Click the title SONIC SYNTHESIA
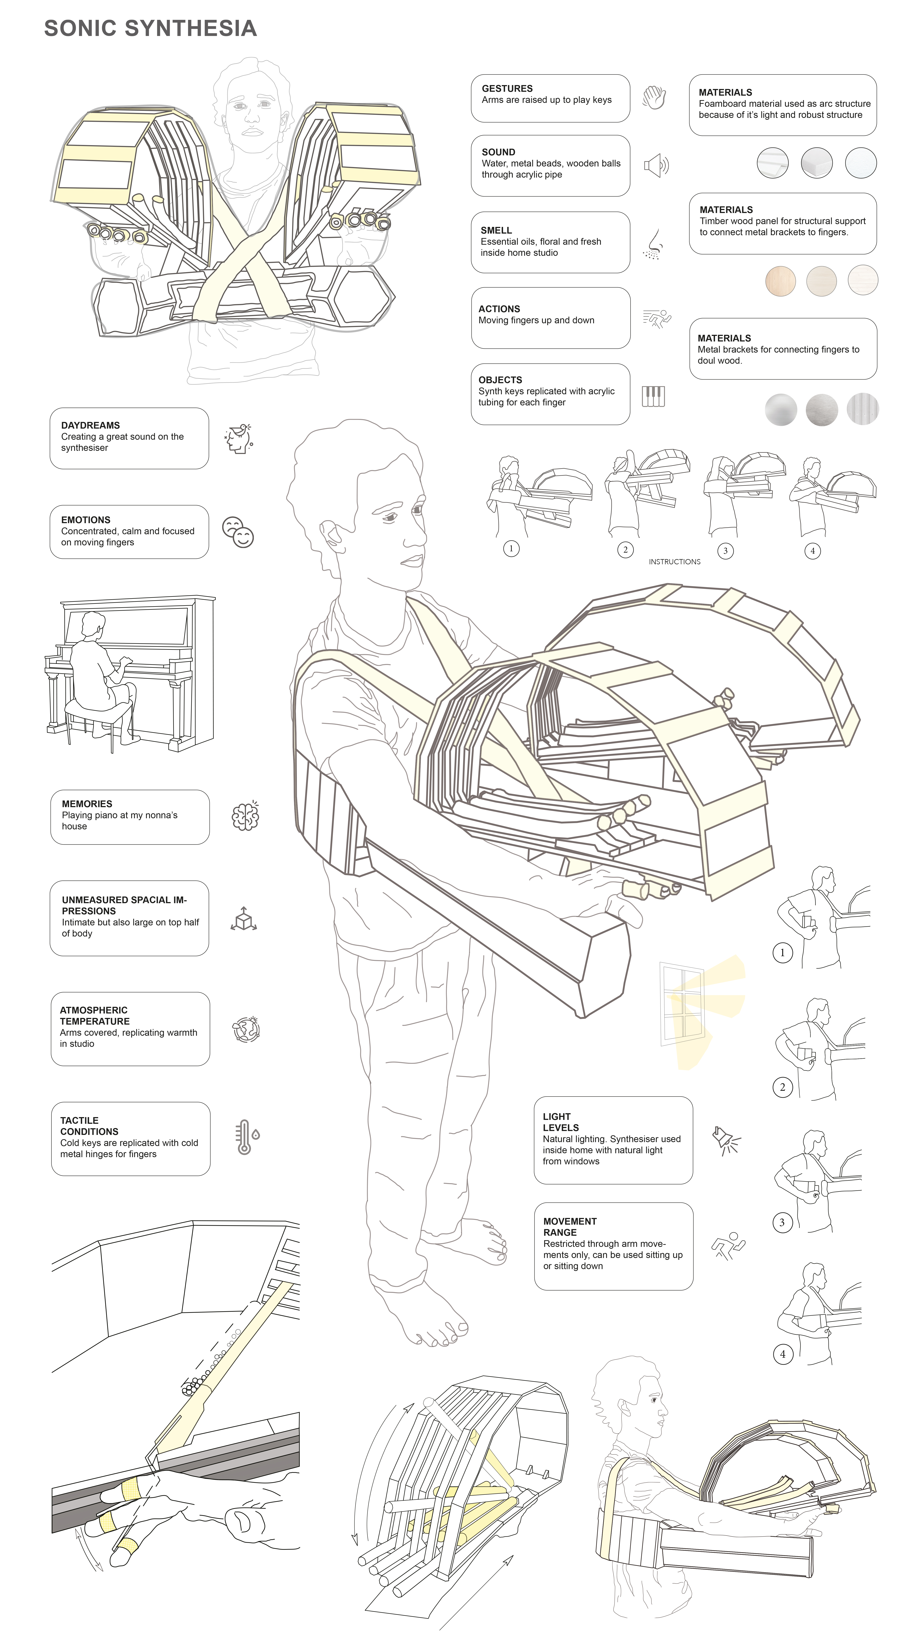tap(150, 28)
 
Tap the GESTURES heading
tap(507, 88)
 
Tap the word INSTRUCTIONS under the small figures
tap(674, 562)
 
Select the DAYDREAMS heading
tap(90, 425)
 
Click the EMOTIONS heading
tap(86, 520)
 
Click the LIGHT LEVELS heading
tap(561, 1122)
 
